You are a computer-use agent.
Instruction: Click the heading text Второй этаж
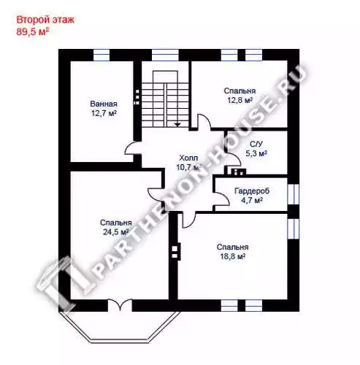[45, 20]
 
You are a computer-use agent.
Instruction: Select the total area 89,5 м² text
[31, 31]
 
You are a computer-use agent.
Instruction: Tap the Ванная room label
[104, 104]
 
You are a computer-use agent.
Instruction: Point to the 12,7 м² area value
[104, 113]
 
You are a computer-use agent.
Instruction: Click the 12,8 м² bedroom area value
[240, 100]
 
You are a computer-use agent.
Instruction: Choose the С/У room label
[256, 144]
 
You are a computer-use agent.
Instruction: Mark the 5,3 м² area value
[256, 153]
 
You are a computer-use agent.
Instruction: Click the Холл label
[188, 158]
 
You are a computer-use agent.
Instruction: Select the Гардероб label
[252, 191]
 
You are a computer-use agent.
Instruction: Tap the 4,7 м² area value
[252, 200]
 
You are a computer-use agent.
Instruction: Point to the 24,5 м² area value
[115, 232]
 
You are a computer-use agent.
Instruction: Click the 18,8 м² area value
[232, 256]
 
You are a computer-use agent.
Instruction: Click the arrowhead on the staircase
[177, 125]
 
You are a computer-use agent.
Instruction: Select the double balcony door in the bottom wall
[120, 304]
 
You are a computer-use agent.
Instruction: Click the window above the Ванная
[102, 55]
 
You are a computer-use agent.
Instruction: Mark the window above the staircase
[165, 55]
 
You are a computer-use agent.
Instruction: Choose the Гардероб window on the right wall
[293, 194]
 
